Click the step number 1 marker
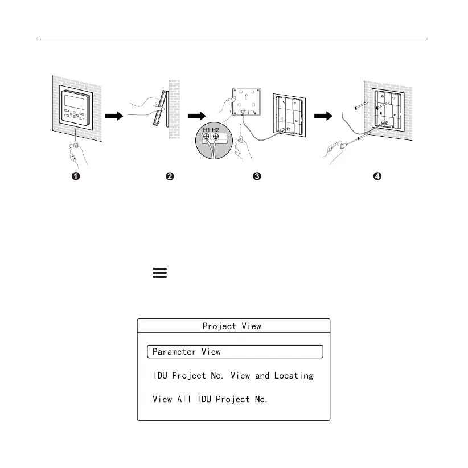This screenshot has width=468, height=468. [x=75, y=176]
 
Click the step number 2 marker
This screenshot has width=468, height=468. [x=169, y=176]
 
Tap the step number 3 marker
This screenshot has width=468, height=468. [x=257, y=176]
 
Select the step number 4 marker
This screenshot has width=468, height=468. [x=377, y=176]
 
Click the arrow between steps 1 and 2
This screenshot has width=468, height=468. [x=115, y=116]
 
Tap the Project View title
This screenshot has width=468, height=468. [x=232, y=326]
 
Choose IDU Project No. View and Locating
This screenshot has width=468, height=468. [x=233, y=376]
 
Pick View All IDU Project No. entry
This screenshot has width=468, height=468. [x=210, y=399]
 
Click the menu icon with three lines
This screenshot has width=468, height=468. [x=159, y=273]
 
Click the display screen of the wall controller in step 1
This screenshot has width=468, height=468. [x=75, y=101]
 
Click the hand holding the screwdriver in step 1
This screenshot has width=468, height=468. [x=76, y=152]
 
